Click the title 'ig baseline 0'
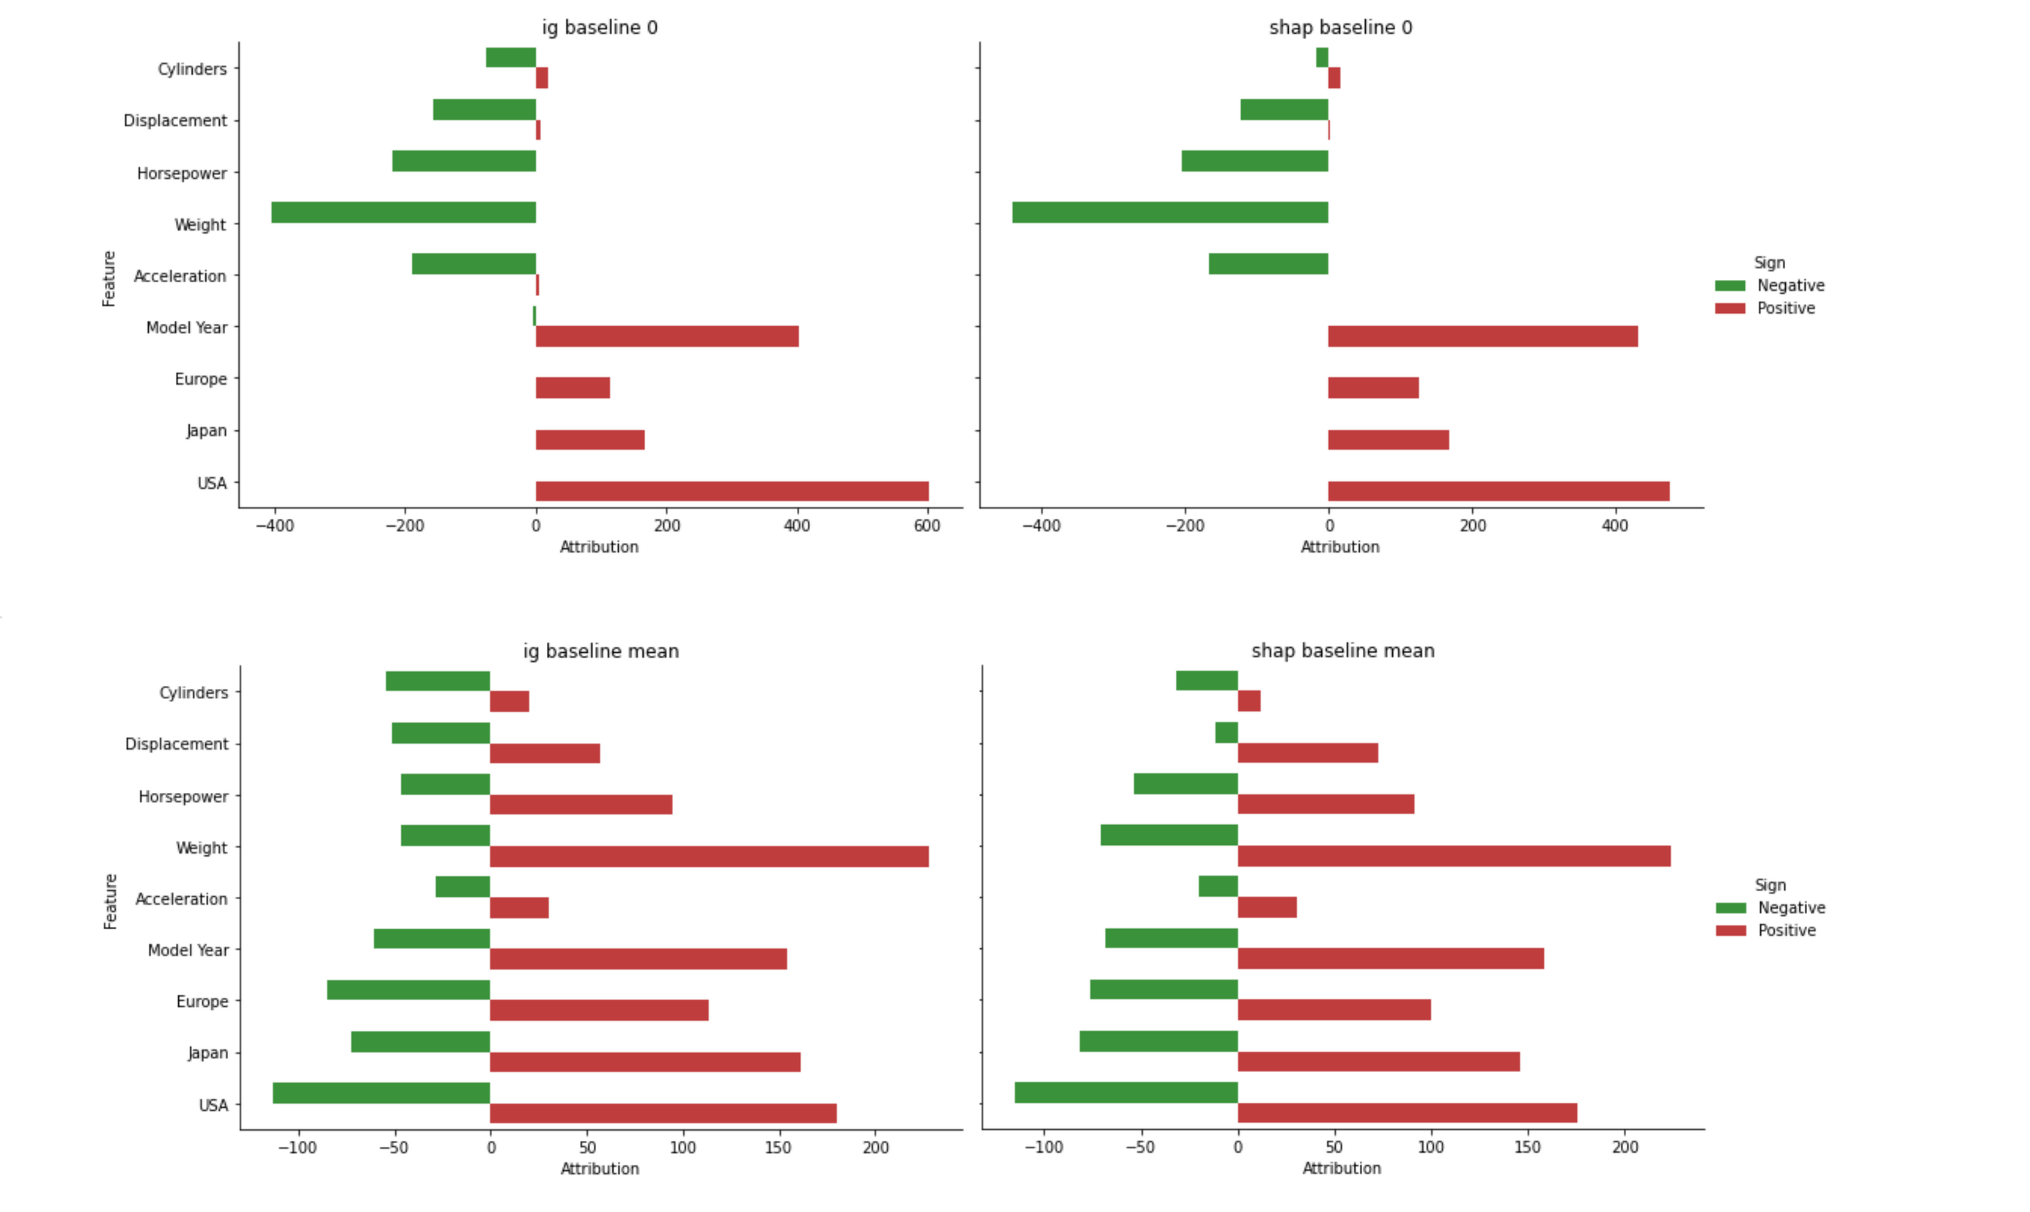(600, 28)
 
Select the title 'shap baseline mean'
(1342, 651)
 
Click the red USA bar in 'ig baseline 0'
(732, 491)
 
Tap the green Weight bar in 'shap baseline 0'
(1170, 213)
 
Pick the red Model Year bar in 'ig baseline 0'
(666, 336)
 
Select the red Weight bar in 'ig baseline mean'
(709, 856)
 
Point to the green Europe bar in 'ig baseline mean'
(408, 990)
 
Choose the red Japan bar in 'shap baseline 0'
(1388, 440)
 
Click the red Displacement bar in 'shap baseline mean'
(1307, 753)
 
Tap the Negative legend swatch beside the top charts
(1729, 286)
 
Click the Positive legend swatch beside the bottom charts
(1730, 930)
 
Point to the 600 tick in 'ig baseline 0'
(927, 526)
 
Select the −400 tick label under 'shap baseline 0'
(1042, 526)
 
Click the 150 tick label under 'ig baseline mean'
(779, 1148)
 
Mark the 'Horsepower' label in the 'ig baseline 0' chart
(181, 173)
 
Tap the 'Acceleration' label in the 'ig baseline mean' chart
(181, 899)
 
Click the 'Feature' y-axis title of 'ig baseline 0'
(109, 278)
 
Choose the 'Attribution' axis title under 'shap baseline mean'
(1342, 1169)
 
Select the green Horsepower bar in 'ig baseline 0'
(464, 161)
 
